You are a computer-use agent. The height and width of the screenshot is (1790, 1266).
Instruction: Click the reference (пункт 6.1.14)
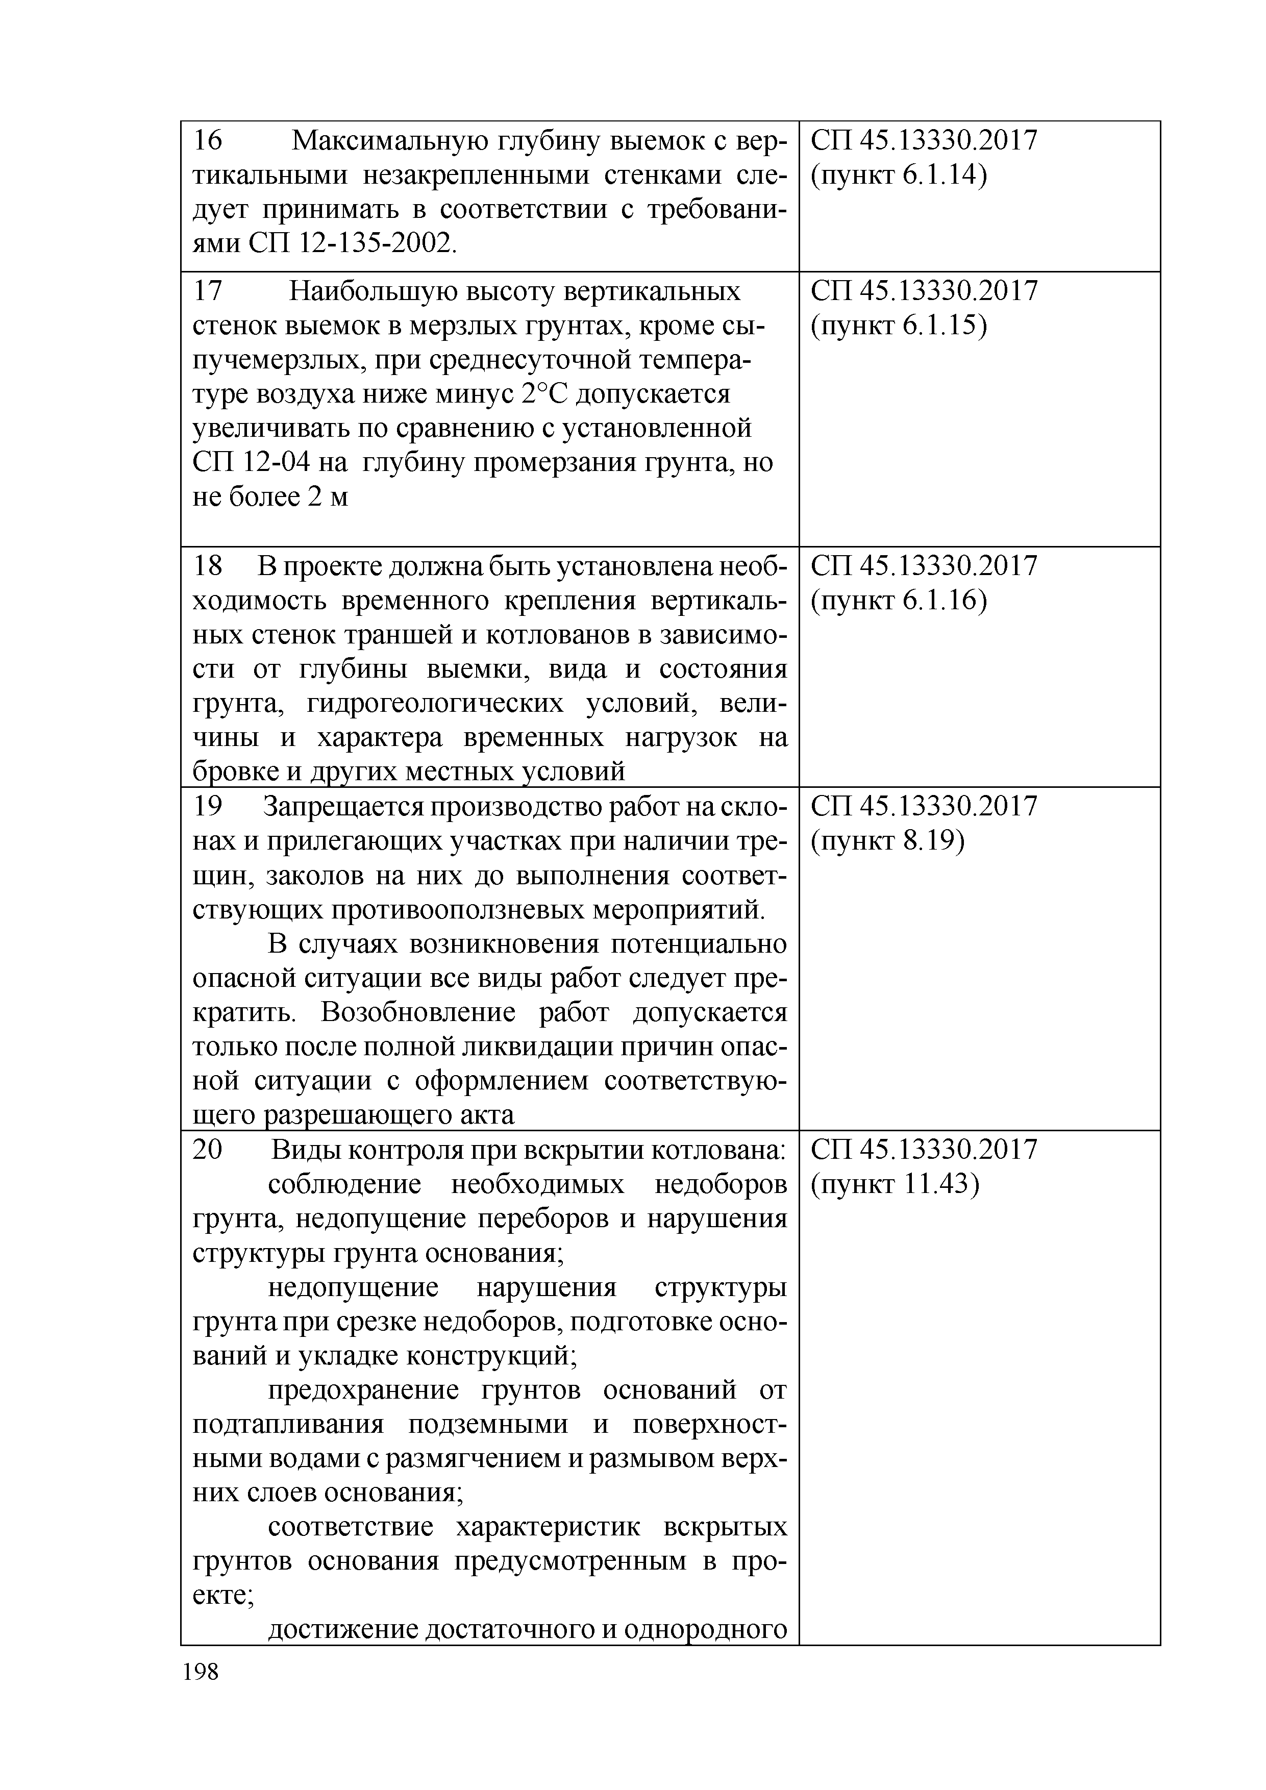tap(898, 176)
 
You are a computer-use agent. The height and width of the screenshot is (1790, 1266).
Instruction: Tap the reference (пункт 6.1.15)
tap(898, 327)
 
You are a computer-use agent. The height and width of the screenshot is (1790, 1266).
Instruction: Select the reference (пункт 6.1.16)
tap(898, 601)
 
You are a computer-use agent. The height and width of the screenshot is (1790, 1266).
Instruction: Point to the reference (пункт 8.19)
tap(887, 841)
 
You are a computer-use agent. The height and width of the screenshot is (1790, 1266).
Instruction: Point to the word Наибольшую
tap(373, 291)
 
